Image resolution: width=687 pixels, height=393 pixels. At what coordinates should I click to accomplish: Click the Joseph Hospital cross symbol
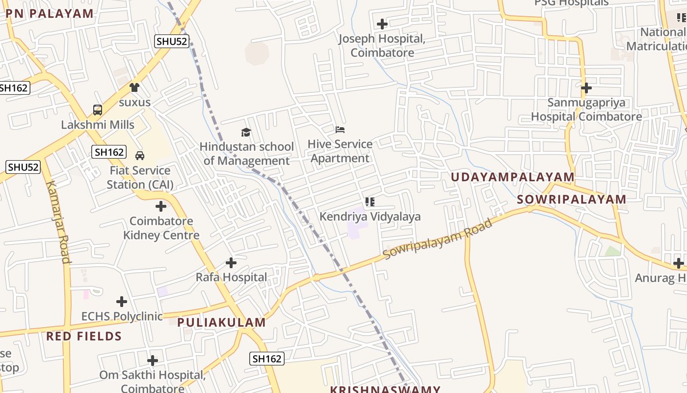click(382, 24)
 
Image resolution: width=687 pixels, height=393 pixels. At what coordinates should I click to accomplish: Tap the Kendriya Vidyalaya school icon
click(370, 201)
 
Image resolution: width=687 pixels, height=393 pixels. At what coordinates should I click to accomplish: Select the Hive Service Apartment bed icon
click(340, 130)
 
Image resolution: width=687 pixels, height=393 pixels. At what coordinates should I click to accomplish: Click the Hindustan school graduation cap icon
click(246, 132)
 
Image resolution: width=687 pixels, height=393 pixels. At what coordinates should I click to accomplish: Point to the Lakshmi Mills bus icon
click(98, 110)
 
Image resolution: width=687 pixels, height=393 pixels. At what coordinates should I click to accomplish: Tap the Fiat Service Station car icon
click(140, 156)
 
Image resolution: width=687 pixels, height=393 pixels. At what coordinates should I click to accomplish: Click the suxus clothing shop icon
click(134, 87)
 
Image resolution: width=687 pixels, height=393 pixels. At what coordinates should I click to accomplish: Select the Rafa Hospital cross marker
click(231, 263)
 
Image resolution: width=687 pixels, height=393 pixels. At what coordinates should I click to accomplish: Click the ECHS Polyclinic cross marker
click(122, 302)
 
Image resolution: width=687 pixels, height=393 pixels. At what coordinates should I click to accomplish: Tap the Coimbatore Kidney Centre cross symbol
click(160, 206)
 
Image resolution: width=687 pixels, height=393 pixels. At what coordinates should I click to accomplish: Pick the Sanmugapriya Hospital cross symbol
click(586, 88)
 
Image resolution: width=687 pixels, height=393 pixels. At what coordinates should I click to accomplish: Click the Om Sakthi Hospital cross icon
click(153, 361)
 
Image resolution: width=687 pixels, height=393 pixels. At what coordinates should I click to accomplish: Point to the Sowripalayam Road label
click(437, 239)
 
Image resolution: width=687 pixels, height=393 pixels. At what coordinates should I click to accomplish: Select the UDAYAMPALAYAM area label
click(512, 177)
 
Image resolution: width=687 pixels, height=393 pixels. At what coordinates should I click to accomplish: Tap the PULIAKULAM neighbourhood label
click(221, 323)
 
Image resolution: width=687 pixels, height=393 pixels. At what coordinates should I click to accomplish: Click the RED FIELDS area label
click(84, 337)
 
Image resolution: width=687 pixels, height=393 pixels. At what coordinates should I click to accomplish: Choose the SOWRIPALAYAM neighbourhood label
click(571, 199)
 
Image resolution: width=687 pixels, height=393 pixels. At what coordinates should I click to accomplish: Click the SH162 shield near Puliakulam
click(267, 359)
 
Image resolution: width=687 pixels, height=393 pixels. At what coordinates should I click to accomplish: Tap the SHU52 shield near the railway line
click(172, 41)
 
